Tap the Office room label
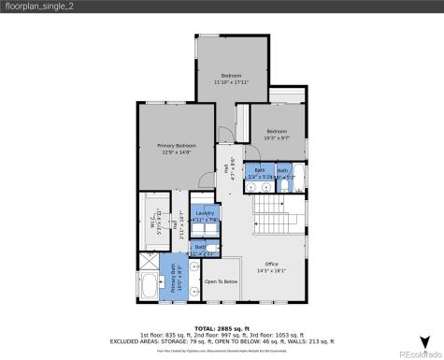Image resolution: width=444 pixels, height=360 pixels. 271,264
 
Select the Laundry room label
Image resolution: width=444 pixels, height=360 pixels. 204,214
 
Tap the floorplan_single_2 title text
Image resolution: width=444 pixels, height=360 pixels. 39,7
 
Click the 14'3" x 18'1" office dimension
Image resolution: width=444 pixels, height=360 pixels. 271,271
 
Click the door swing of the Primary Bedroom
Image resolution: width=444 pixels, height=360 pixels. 223,134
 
